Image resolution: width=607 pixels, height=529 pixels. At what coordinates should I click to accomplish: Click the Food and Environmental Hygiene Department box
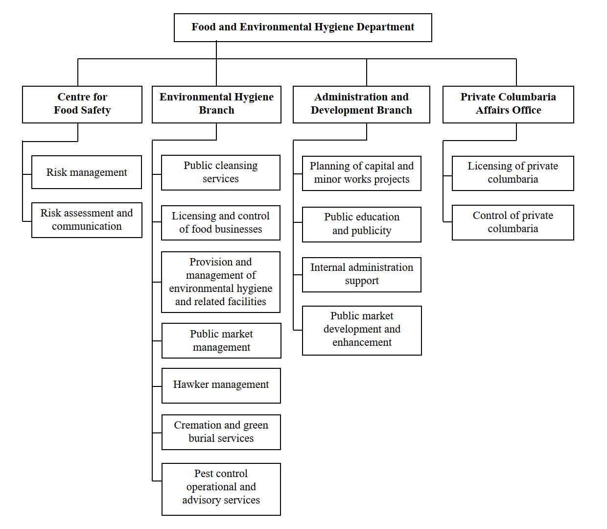pyautogui.click(x=303, y=27)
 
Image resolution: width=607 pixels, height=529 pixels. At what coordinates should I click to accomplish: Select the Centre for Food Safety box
pyautogui.click(x=82, y=104)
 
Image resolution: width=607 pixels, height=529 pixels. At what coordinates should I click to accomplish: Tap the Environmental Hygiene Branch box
pyautogui.click(x=216, y=104)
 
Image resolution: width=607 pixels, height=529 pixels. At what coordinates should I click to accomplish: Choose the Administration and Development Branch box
pyautogui.click(x=361, y=104)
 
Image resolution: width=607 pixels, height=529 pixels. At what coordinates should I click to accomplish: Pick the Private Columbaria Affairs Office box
pyautogui.click(x=508, y=104)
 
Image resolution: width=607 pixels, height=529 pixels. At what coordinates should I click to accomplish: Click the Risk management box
pyautogui.click(x=87, y=172)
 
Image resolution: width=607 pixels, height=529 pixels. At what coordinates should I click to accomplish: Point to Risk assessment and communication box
pyautogui.click(x=87, y=220)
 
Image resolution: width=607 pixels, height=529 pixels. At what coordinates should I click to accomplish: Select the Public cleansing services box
pyautogui.click(x=221, y=172)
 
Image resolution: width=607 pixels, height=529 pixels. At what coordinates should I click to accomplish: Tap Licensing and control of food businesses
pyautogui.click(x=221, y=223)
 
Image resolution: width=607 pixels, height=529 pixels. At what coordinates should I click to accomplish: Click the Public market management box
pyautogui.click(x=221, y=340)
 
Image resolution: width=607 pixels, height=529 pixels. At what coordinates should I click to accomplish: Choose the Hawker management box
pyautogui.click(x=221, y=385)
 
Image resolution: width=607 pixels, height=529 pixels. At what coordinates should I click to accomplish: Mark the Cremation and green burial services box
pyautogui.click(x=221, y=432)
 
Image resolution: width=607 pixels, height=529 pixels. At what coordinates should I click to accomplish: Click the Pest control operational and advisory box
pyautogui.click(x=221, y=489)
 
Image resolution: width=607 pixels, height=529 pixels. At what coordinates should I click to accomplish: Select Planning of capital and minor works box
pyautogui.click(x=362, y=173)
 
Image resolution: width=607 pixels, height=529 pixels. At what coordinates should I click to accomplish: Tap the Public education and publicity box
pyautogui.click(x=362, y=224)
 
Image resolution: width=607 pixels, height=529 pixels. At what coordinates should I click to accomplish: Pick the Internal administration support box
pyautogui.click(x=362, y=274)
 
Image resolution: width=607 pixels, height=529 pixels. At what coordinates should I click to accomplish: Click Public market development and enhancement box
pyautogui.click(x=362, y=330)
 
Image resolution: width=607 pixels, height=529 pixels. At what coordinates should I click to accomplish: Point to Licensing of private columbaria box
pyautogui.click(x=513, y=173)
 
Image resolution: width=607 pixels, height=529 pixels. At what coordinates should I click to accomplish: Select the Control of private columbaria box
pyautogui.click(x=513, y=222)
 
